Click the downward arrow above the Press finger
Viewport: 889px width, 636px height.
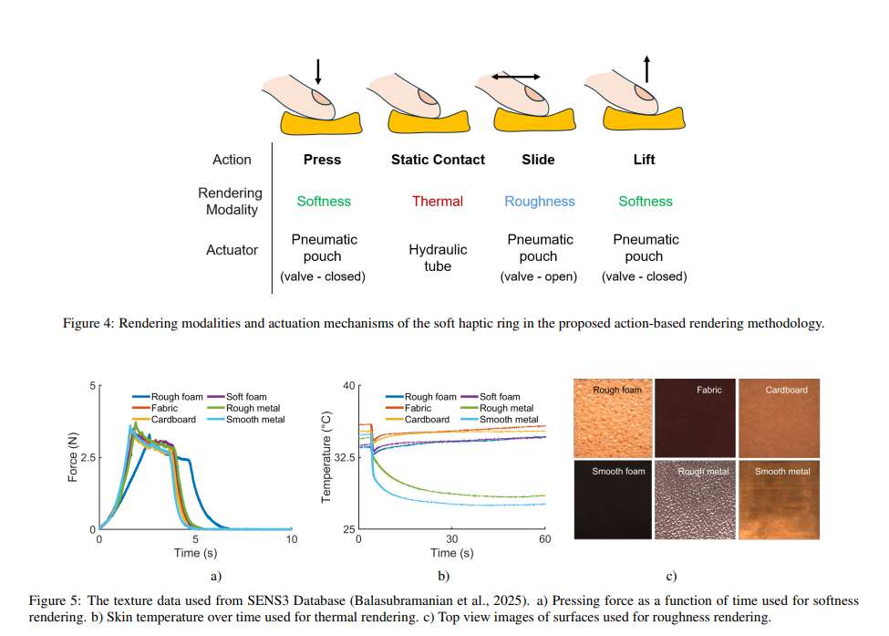318,71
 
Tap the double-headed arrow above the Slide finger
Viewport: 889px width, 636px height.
516,77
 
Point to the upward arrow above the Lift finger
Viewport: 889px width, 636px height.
646,69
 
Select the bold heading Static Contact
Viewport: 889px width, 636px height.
438,160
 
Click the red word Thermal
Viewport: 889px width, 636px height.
438,202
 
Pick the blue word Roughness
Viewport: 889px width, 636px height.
540,202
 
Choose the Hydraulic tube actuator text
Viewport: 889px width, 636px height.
438,257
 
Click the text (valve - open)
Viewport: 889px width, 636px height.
539,276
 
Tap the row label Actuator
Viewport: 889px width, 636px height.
232,250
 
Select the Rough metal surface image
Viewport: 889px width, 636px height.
695,500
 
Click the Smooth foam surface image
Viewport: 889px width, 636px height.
613,500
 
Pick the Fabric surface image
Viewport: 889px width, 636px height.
695,418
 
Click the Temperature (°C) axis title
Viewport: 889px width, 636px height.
326,457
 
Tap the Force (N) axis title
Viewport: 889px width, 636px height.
73,457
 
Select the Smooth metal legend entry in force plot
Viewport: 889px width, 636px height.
246,420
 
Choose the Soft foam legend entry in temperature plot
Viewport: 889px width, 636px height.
491,397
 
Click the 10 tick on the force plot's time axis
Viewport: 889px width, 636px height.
292,539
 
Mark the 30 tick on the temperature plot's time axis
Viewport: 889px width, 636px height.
452,539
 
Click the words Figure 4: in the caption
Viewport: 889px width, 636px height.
88,323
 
